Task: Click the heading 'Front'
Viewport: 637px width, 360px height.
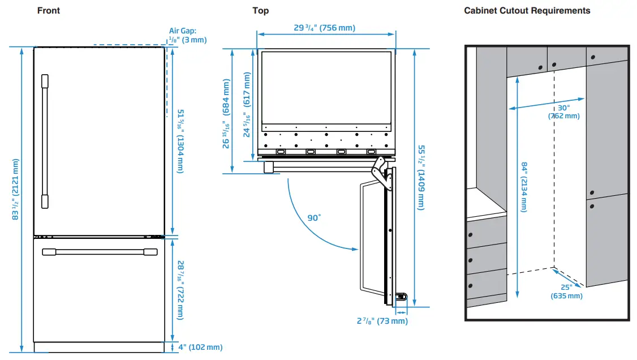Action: click(48, 10)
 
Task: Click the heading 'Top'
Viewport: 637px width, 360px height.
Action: click(260, 10)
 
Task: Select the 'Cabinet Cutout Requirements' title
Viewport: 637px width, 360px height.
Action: click(527, 10)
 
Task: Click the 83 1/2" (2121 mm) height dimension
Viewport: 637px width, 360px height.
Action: click(15, 190)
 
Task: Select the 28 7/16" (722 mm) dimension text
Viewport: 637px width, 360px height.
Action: click(180, 290)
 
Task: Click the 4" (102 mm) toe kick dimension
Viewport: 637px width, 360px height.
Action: click(200, 347)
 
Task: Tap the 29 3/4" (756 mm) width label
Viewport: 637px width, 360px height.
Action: click(325, 28)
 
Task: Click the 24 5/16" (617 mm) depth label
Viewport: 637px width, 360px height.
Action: click(247, 114)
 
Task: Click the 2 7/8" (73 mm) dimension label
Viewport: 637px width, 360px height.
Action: click(382, 321)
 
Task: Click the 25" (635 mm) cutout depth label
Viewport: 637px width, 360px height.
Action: click(566, 292)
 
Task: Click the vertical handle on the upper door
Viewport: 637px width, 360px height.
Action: click(45, 142)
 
